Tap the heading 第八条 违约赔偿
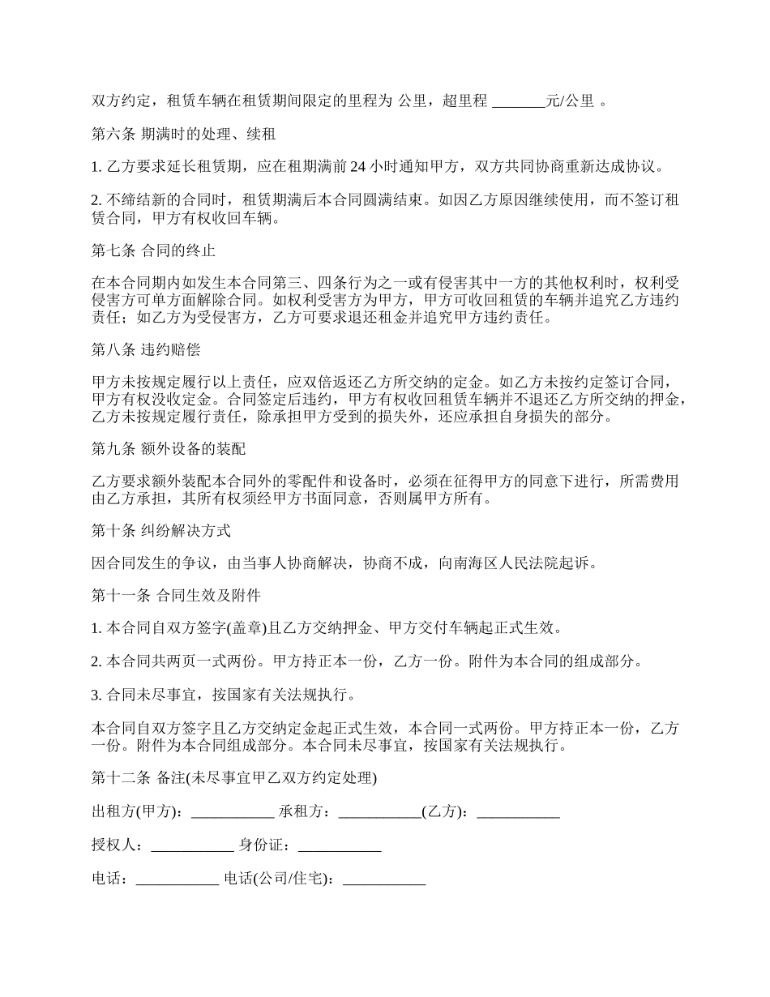click(x=146, y=350)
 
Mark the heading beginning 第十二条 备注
click(x=234, y=778)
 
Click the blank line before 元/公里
click(x=519, y=102)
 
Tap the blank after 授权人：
click(x=192, y=846)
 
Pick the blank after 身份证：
click(x=340, y=846)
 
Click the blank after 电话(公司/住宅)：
click(x=384, y=879)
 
